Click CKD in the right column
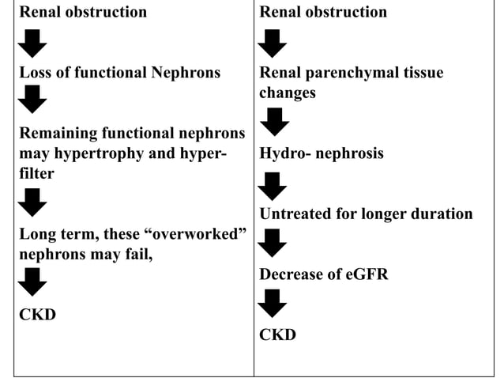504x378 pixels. tap(277, 335)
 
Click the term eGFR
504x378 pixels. tap(359, 274)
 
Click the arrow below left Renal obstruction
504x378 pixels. tap(32, 43)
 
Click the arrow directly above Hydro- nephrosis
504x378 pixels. tap(273, 122)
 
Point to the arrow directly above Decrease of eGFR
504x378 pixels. tap(273, 243)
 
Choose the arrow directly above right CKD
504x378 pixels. tap(273, 303)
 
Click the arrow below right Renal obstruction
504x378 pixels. tap(273, 43)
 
